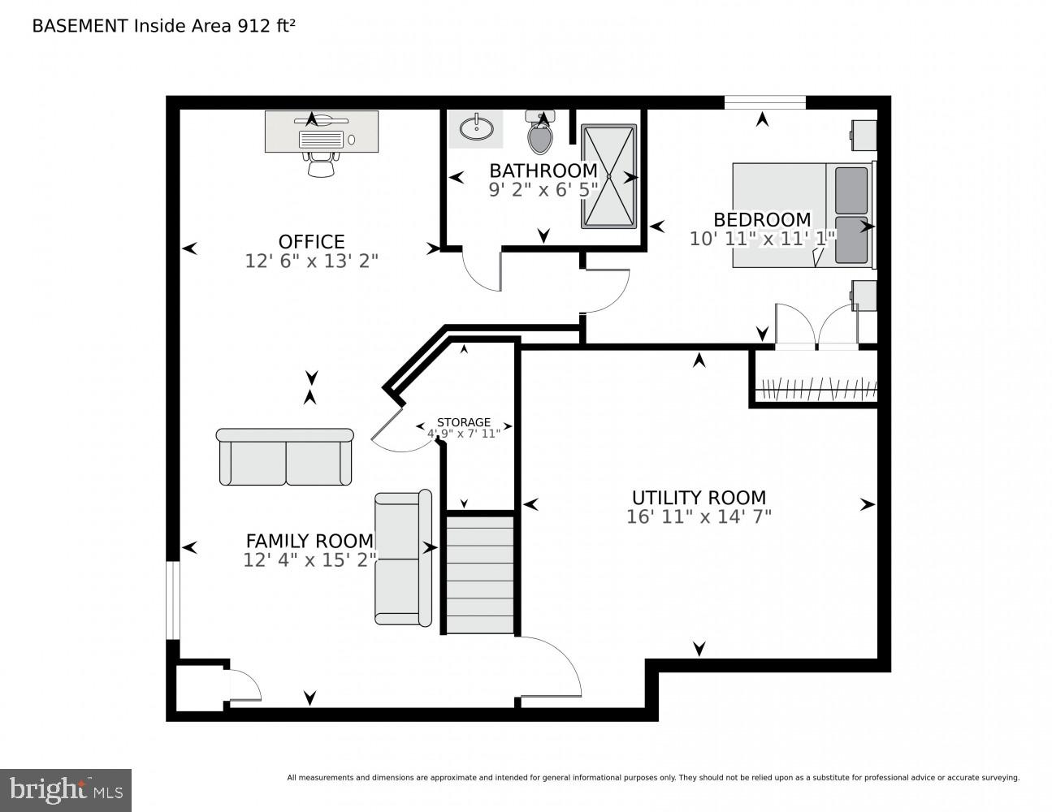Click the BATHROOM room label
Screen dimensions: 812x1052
coord(543,171)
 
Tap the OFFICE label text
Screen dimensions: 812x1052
coord(311,241)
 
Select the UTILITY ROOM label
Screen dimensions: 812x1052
coord(699,497)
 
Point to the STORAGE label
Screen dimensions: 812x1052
coord(464,422)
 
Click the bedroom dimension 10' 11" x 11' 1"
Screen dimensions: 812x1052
coord(762,239)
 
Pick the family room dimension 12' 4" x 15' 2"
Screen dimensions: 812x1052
coord(310,560)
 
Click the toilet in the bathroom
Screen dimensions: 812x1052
coord(540,133)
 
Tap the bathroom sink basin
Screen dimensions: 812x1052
coord(475,128)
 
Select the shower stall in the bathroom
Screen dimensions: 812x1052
coord(608,176)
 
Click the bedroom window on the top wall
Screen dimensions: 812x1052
coord(764,102)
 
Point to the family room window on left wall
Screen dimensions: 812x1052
coord(172,600)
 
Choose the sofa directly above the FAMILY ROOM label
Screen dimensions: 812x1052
coord(285,457)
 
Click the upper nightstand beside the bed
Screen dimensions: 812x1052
coord(864,135)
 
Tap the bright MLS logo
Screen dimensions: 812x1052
coord(65,789)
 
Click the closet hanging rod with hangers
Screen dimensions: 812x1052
coord(816,390)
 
